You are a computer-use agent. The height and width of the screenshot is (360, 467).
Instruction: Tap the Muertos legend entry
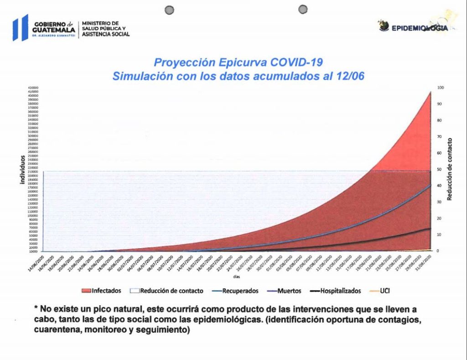tap(289, 291)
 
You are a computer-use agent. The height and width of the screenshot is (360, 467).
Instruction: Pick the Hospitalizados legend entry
tap(340, 291)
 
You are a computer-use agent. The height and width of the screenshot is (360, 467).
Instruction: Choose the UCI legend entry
tap(384, 291)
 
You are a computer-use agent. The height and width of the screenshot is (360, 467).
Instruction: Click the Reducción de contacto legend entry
tap(171, 291)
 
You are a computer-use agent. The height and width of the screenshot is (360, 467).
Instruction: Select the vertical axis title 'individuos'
tap(21, 169)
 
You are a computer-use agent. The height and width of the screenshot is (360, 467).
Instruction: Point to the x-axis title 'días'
tap(236, 277)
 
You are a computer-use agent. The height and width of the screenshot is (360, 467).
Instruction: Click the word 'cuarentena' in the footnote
tap(54, 330)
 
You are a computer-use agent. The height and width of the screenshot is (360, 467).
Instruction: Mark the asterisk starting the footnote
tap(36, 309)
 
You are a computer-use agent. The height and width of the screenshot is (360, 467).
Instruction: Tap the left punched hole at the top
tap(170, 10)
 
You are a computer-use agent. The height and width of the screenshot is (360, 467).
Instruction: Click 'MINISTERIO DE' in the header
tap(100, 23)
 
